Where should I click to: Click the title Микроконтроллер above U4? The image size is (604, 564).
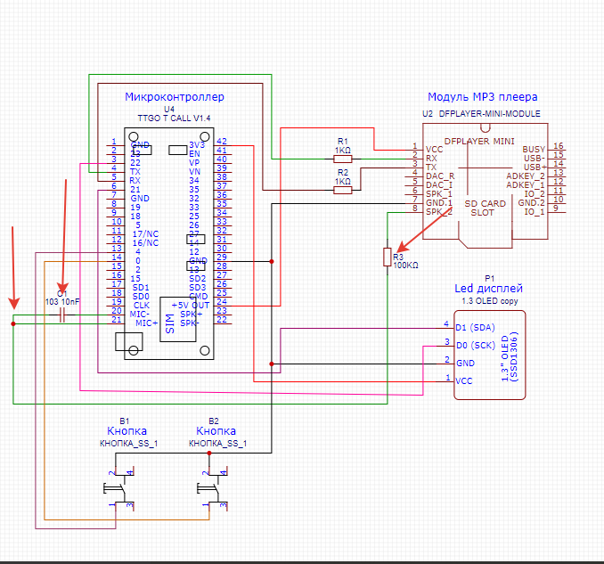(x=175, y=96)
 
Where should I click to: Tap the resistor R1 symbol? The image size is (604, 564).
(x=342, y=158)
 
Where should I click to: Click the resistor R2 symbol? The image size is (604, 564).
(x=342, y=188)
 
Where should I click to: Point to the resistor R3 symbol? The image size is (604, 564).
(x=387, y=257)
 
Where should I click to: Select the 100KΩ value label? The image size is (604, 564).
(x=406, y=265)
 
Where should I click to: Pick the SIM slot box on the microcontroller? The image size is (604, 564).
(x=169, y=323)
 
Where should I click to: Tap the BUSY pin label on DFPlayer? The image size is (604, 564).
(x=534, y=149)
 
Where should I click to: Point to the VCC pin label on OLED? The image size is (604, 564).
(x=464, y=380)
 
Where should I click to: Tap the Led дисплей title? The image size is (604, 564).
(x=488, y=289)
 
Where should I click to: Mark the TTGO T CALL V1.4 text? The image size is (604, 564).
(x=174, y=118)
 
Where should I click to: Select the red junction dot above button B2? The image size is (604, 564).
(x=209, y=453)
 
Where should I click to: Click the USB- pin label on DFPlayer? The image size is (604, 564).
(x=534, y=157)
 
